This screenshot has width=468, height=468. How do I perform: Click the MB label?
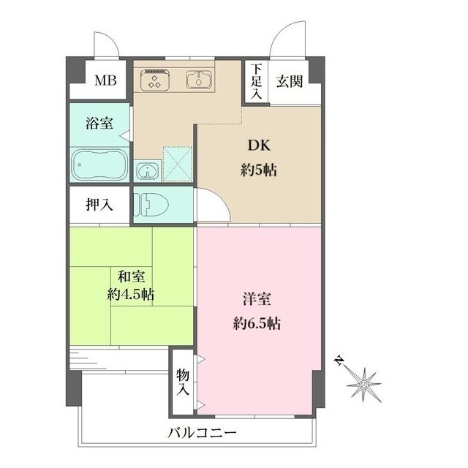coord(105,80)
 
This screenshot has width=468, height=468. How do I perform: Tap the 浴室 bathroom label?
coord(99,123)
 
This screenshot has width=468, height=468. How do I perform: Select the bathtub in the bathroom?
coord(100,165)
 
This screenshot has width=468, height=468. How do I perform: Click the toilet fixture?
coord(151,205)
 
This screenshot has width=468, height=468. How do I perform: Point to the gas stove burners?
coord(154,80)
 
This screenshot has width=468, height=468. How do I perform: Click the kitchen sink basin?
coord(199,80)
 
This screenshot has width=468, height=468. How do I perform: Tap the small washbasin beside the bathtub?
coord(147,171)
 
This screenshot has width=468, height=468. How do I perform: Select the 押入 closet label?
coord(99,205)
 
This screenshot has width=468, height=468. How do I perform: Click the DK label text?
coord(259,146)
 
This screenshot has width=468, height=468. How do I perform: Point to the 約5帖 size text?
coord(259,170)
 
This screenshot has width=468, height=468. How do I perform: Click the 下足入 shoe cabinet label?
coord(256,81)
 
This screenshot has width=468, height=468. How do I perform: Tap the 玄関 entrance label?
coord(290,81)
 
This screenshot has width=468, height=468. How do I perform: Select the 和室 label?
coord(132,276)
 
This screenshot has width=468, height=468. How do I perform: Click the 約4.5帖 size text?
coord(131,295)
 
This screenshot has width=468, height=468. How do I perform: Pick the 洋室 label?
coord(257,299)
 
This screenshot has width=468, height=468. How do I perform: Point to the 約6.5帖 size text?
coord(257,323)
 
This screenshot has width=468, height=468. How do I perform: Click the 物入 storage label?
coord(182,382)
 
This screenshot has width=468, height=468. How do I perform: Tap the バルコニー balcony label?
coord(202,432)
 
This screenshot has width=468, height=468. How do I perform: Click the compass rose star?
coord(363,385)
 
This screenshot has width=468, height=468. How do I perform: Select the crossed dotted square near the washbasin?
coord(178,164)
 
